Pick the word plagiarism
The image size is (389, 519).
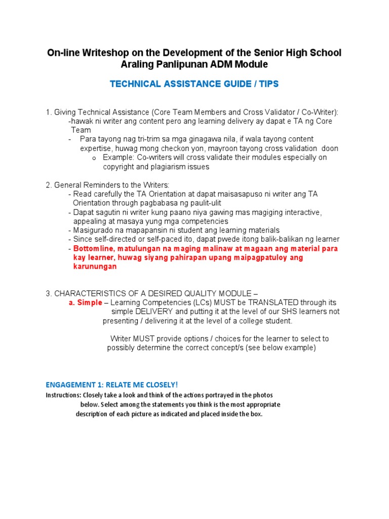pyautogui.click(x=167, y=167)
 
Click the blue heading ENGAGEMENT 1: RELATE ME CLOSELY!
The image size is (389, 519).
pyautogui.click(x=112, y=385)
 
